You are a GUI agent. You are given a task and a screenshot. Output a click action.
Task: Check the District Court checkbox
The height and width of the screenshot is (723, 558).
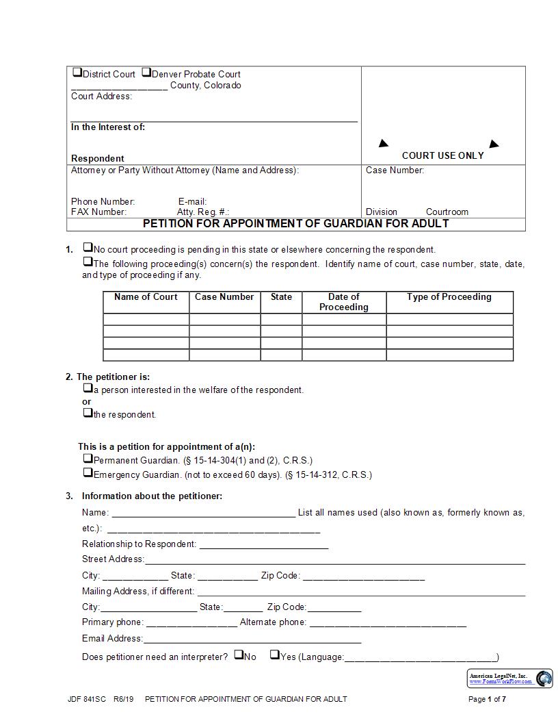(x=77, y=73)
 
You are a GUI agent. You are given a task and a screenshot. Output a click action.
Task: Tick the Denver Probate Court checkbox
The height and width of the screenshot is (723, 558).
(x=146, y=73)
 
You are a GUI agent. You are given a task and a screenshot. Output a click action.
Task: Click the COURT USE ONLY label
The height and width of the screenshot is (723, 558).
(x=442, y=155)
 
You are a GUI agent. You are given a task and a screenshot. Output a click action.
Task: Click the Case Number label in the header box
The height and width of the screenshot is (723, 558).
(x=395, y=170)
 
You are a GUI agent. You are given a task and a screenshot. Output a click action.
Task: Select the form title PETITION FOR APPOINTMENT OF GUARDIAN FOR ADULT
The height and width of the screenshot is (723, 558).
(x=295, y=223)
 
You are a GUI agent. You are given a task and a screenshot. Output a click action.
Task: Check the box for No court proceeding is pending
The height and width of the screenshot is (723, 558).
(x=88, y=248)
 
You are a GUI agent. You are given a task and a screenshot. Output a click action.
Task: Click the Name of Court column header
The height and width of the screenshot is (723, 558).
(x=146, y=297)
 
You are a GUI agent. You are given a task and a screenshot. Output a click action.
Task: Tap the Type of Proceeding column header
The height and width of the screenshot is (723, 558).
(x=449, y=297)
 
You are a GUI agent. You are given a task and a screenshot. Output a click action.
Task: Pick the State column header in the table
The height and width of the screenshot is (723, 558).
(x=281, y=297)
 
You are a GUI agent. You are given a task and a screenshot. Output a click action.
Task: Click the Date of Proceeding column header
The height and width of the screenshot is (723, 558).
(x=343, y=302)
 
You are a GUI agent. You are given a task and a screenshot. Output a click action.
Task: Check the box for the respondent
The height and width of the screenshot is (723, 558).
(x=88, y=413)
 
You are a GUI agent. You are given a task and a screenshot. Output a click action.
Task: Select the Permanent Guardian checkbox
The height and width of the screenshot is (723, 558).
(x=88, y=459)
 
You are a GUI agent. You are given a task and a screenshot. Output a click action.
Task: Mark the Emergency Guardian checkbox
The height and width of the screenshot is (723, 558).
(x=88, y=472)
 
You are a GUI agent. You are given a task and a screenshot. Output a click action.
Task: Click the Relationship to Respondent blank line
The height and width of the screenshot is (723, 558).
(x=263, y=545)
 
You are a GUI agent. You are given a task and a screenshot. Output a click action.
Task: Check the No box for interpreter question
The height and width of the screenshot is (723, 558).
(x=239, y=655)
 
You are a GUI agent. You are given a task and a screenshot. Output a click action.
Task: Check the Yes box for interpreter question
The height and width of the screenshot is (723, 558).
(x=274, y=655)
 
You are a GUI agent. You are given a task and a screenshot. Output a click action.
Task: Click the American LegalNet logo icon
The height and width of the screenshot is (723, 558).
(x=544, y=678)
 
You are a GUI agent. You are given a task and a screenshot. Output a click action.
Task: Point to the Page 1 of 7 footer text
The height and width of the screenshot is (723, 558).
(x=487, y=699)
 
